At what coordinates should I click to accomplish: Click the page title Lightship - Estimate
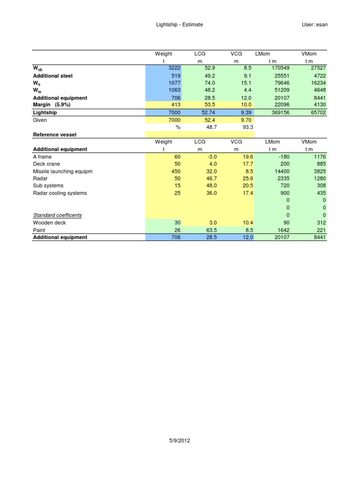[x=180, y=24]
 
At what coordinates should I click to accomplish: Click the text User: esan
[x=315, y=24]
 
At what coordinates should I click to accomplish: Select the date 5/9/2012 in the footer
[x=180, y=441]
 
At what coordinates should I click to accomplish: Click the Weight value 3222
[x=174, y=68]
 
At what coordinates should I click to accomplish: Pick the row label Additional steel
[x=53, y=76]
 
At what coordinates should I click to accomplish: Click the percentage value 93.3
[x=247, y=127]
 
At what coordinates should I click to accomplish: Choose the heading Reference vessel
[x=54, y=135]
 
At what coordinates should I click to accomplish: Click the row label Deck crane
[x=46, y=164]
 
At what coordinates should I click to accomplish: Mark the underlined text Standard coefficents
[x=57, y=215]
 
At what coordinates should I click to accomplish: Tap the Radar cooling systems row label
[x=60, y=193]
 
